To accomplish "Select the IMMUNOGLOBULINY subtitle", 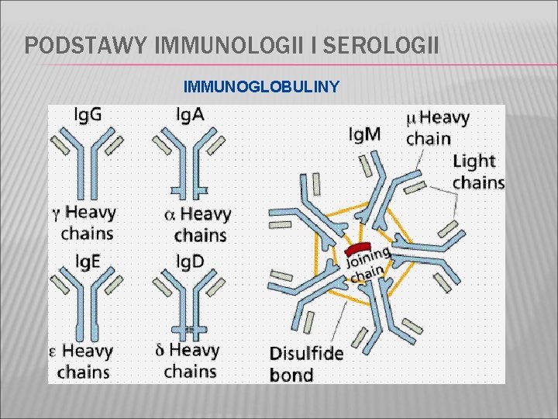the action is pyautogui.click(x=261, y=86).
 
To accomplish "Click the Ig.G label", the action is pyautogui.click(x=87, y=115).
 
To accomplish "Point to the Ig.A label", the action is pyautogui.click(x=190, y=115).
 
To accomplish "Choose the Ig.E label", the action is pyautogui.click(x=85, y=261).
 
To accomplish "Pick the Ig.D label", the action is pyautogui.click(x=190, y=261).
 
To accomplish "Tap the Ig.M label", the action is pyautogui.click(x=364, y=134).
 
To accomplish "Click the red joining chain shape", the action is pyautogui.click(x=359, y=248).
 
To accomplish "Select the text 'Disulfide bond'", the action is pyautogui.click(x=306, y=364).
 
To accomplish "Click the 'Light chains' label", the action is pyautogui.click(x=477, y=171).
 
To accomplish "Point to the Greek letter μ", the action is pyautogui.click(x=412, y=119).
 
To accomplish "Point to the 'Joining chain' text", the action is pyautogui.click(x=367, y=264).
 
